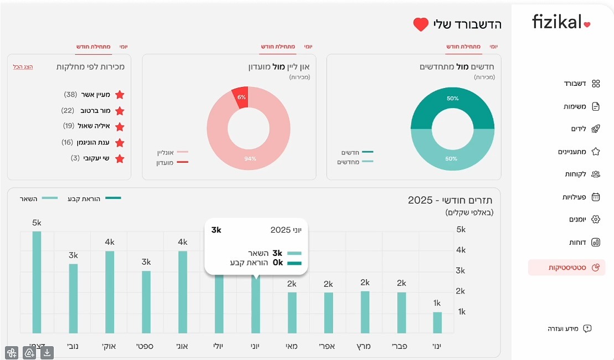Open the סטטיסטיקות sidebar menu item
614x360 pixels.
pyautogui.click(x=566, y=268)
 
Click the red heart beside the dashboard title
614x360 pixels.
pyautogui.click(x=421, y=24)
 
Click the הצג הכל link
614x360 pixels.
pyautogui.click(x=23, y=66)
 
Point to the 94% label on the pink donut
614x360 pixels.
pyautogui.click(x=251, y=159)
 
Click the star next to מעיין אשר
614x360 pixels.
pyautogui.click(x=120, y=95)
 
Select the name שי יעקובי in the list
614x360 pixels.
pyautogui.click(x=97, y=158)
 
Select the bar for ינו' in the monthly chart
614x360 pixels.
pyautogui.click(x=437, y=322)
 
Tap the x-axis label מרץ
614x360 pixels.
pyautogui.click(x=364, y=347)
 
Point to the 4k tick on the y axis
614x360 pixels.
pyautogui.click(x=461, y=250)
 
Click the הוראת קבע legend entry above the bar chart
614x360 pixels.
pyautogui.click(x=94, y=198)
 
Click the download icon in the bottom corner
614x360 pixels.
pyautogui.click(x=47, y=352)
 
